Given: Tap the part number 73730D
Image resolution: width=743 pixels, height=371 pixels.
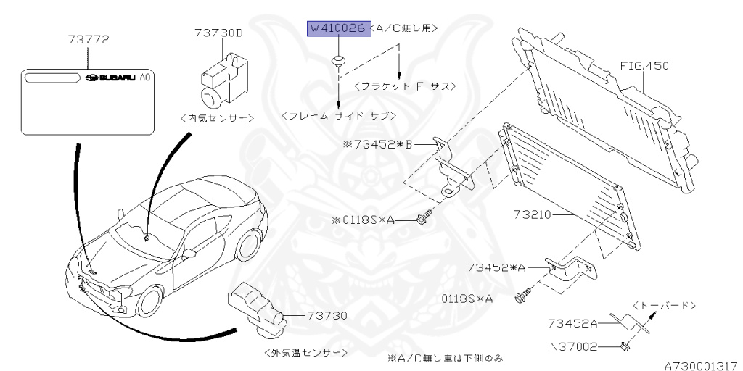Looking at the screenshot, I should (x=219, y=32).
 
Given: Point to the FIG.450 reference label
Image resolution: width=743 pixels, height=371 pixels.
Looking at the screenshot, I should (x=644, y=66).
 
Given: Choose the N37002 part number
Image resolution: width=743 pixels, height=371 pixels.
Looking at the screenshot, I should (x=572, y=347).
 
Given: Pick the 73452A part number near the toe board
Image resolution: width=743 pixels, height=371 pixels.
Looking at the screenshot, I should (x=573, y=324).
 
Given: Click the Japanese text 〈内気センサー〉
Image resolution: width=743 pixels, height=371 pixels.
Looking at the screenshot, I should (x=215, y=117).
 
